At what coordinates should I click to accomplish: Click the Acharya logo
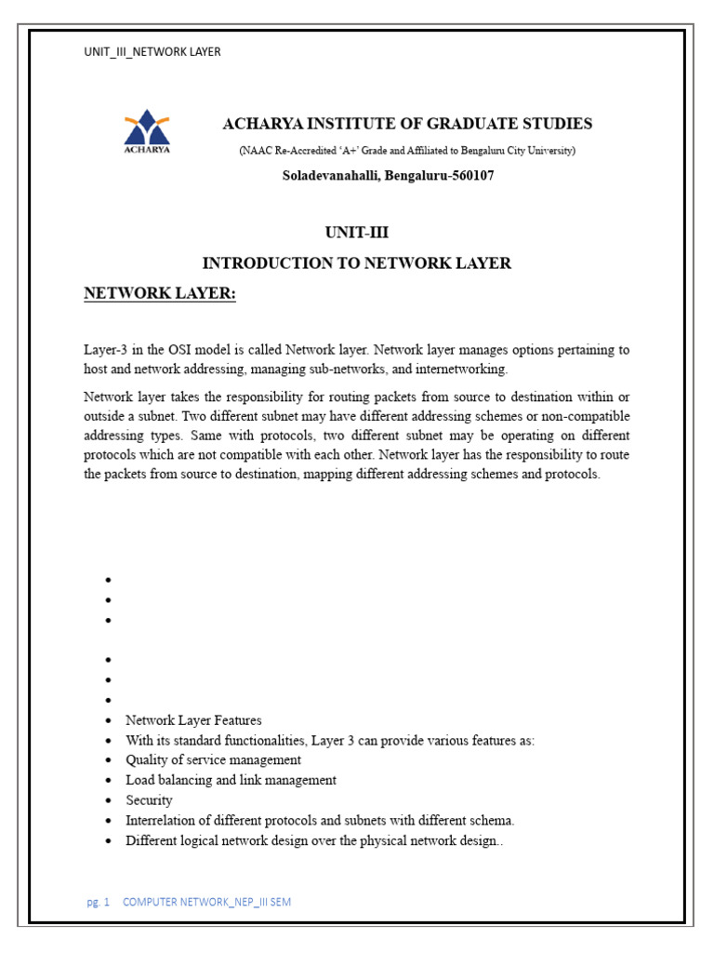tap(148, 132)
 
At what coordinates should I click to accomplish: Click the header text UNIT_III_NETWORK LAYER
tap(152, 52)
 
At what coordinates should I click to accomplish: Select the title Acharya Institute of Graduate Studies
tap(407, 124)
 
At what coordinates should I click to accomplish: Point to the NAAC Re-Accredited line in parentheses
tap(407, 151)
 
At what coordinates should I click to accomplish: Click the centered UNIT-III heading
tap(357, 234)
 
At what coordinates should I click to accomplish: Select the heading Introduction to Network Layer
tap(357, 263)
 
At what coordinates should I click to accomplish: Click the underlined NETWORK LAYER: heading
tap(160, 294)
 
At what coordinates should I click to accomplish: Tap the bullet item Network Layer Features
tap(193, 720)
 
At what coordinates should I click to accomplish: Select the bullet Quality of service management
tap(213, 760)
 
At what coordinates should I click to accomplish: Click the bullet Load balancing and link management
tap(231, 780)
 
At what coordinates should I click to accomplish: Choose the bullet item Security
tap(149, 800)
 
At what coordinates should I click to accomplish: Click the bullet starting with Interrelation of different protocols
tap(320, 821)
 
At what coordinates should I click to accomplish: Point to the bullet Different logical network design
tap(315, 840)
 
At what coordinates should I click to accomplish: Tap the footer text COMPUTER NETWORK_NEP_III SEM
tap(206, 903)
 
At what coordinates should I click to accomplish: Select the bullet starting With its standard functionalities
tap(330, 741)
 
